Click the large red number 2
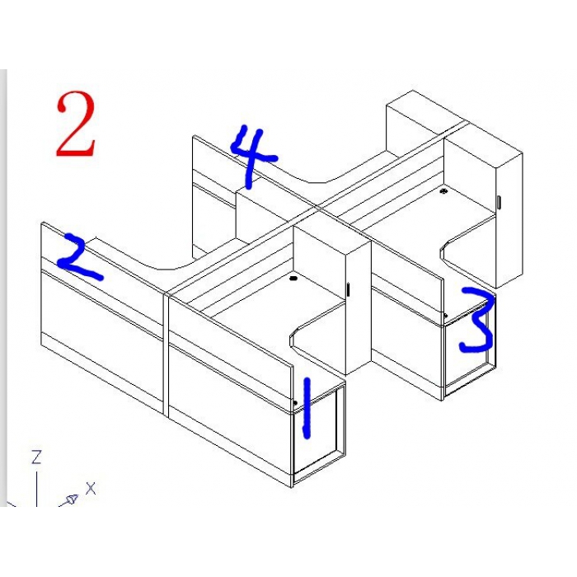(x=76, y=124)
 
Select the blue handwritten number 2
(x=78, y=256)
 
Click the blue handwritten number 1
(x=307, y=408)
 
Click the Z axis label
(x=36, y=457)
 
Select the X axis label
(x=91, y=489)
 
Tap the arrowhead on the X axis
(x=71, y=500)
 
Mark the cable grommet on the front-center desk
(x=293, y=279)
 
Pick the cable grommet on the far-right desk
(x=444, y=191)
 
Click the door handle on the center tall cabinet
(x=348, y=289)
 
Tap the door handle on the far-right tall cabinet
(x=499, y=202)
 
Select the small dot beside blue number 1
(x=295, y=403)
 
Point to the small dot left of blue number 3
(x=446, y=316)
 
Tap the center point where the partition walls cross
(x=317, y=209)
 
